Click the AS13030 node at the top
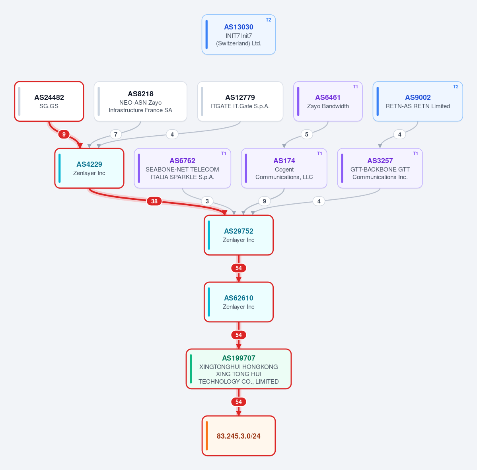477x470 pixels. pyautogui.click(x=239, y=34)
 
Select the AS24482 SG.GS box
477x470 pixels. pyautogui.click(x=49, y=101)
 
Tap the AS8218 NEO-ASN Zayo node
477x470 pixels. pyautogui.click(x=140, y=101)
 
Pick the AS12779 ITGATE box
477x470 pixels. pyautogui.click(x=240, y=101)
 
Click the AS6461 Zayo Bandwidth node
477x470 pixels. pyautogui.click(x=328, y=101)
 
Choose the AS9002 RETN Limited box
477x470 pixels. pyautogui.click(x=418, y=101)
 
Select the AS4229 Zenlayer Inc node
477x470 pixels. pyautogui.click(x=89, y=168)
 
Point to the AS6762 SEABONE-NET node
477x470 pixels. pyautogui.click(x=182, y=168)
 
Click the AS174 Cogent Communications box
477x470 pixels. pyautogui.click(x=284, y=168)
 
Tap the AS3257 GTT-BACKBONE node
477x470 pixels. pyautogui.click(x=380, y=168)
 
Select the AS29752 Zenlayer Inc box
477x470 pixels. pyautogui.click(x=239, y=235)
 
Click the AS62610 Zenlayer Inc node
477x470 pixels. pyautogui.click(x=239, y=302)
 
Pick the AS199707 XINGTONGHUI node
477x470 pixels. pyautogui.click(x=239, y=369)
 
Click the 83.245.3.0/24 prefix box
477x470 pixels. pyautogui.click(x=239, y=436)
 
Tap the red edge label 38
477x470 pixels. pyautogui.click(x=154, y=201)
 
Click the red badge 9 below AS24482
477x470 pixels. pyautogui.click(x=64, y=134)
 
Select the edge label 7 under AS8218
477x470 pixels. pyautogui.click(x=116, y=134)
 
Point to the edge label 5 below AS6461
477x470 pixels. pyautogui.click(x=307, y=134)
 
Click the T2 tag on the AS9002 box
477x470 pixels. pyautogui.click(x=456, y=87)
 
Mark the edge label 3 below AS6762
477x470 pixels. pyautogui.click(x=207, y=201)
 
